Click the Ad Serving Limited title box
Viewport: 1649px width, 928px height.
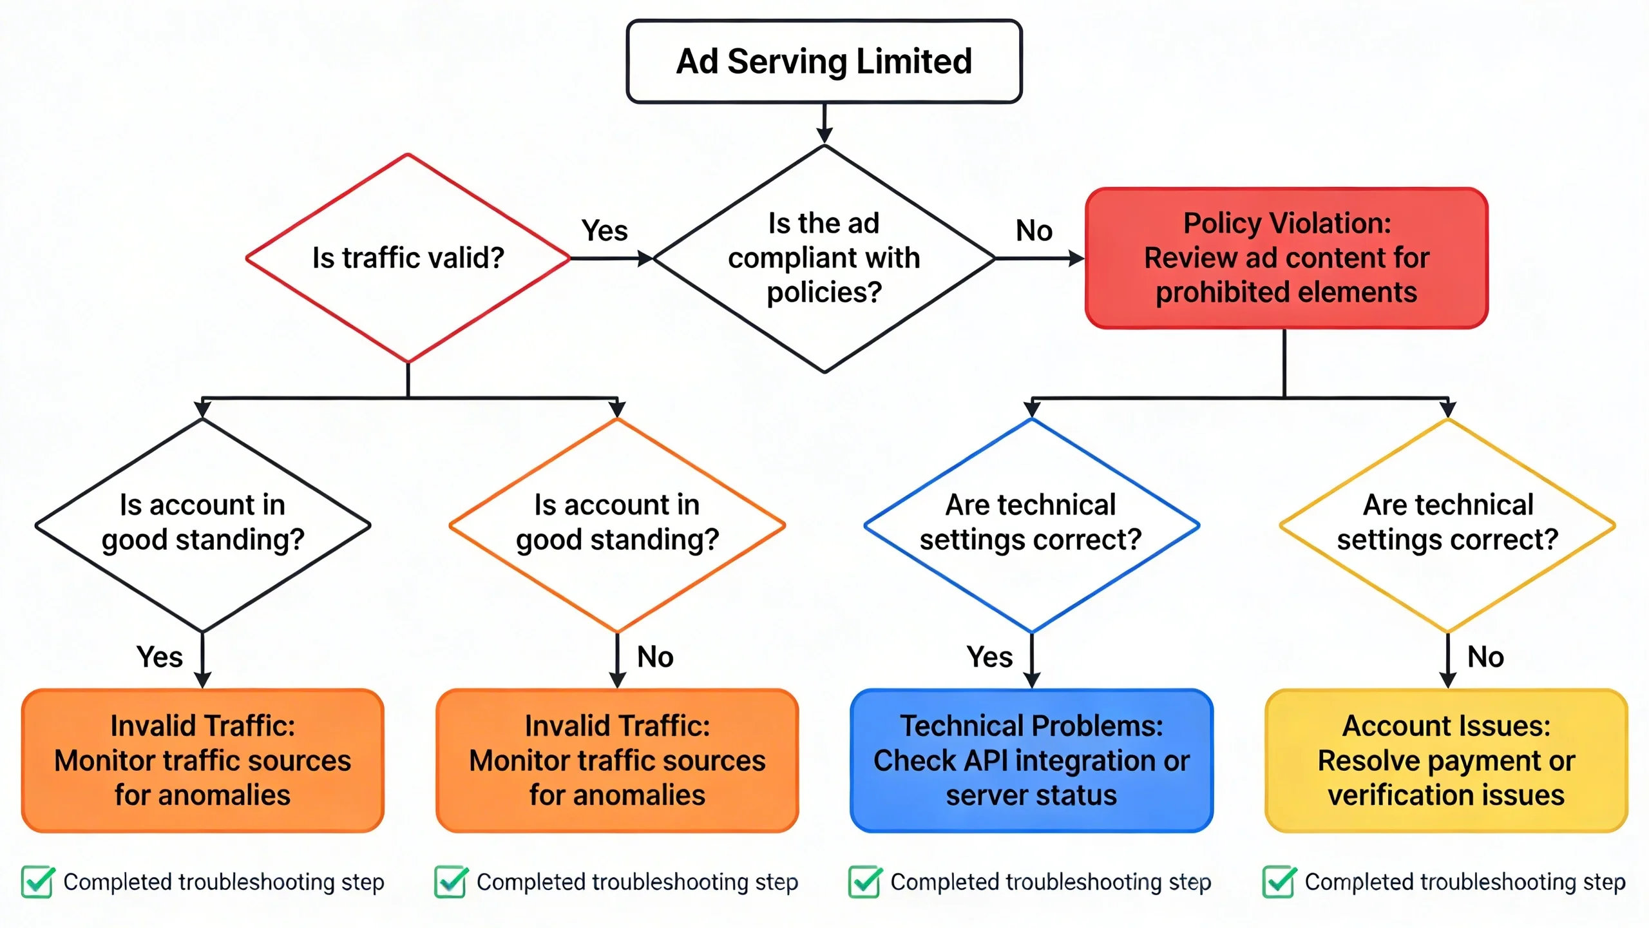(x=824, y=61)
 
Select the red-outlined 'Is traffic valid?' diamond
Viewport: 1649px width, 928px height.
(x=408, y=258)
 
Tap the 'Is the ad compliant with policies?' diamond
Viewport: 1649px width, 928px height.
(x=824, y=258)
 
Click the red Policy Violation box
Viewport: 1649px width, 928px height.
(x=1286, y=258)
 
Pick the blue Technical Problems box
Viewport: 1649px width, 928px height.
(x=1031, y=760)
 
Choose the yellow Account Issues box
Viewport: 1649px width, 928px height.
(x=1446, y=760)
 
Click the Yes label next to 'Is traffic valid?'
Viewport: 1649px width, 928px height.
(x=604, y=231)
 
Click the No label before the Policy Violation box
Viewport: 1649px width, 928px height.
(x=1034, y=231)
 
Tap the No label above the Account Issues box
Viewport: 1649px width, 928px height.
(x=1485, y=657)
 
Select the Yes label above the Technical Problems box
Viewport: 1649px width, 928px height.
(x=990, y=657)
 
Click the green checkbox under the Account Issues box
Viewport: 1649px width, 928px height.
(x=1279, y=882)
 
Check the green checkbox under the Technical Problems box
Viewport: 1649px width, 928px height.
(x=864, y=882)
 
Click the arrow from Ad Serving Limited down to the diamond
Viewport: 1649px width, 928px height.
(x=824, y=122)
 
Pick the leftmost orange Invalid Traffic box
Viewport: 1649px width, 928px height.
(x=202, y=760)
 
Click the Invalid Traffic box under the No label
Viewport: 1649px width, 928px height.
(x=617, y=760)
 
